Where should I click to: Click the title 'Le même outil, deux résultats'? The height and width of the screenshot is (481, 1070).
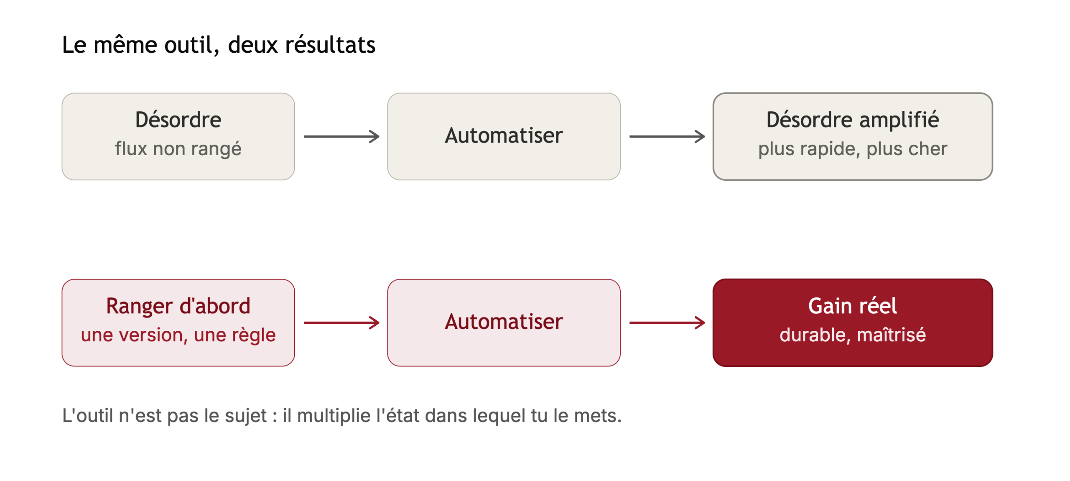tap(219, 45)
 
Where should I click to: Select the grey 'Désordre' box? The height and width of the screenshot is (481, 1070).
tap(178, 136)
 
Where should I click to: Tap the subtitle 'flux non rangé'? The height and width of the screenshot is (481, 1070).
tap(178, 149)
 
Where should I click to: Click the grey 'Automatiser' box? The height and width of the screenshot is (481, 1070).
tap(504, 136)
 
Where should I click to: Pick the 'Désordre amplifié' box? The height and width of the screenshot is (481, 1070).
tap(853, 136)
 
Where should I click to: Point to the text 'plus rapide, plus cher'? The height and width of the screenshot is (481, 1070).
tap(853, 149)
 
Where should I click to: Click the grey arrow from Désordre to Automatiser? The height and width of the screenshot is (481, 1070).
tap(341, 136)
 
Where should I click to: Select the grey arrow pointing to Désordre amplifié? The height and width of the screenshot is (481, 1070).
tap(667, 136)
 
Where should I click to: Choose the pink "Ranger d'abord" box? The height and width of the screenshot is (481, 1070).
tap(178, 322)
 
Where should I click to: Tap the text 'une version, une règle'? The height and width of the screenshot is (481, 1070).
tap(178, 335)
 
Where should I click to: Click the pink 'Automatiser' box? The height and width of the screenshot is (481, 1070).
tap(504, 322)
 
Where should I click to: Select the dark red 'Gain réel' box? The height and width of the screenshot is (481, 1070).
tap(853, 322)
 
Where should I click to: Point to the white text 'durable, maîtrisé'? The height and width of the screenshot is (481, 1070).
tap(853, 335)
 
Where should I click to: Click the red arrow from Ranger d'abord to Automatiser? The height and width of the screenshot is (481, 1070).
tap(341, 322)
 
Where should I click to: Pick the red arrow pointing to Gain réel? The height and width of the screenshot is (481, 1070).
tap(667, 322)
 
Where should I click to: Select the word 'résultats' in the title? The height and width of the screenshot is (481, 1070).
tap(330, 44)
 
